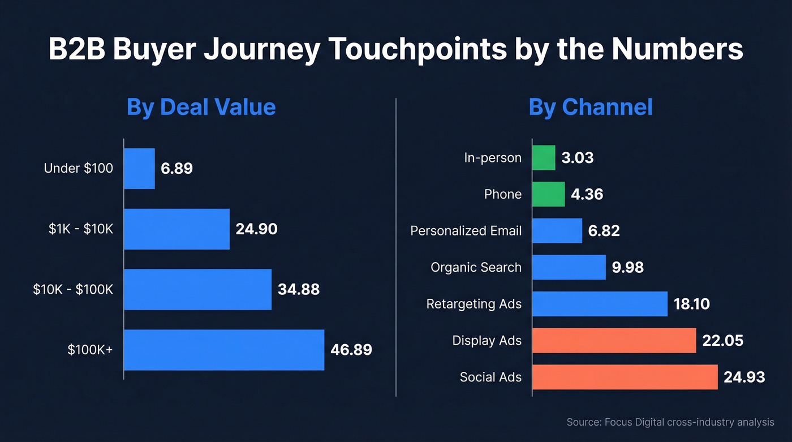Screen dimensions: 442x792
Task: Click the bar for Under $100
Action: tap(139, 169)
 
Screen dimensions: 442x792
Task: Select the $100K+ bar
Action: tap(224, 350)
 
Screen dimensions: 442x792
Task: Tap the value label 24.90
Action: tap(256, 229)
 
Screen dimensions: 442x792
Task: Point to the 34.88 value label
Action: tap(299, 290)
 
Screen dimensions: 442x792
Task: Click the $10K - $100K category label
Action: tap(74, 290)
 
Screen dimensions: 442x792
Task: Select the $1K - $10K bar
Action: tap(177, 229)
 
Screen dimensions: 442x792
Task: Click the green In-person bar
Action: tap(544, 157)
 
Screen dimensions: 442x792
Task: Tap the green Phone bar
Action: tap(548, 194)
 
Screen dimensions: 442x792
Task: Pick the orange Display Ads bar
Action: tap(614, 341)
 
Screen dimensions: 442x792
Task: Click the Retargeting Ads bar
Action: tap(600, 304)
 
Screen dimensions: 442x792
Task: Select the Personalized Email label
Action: tap(466, 231)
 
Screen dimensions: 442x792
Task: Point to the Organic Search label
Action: tap(476, 267)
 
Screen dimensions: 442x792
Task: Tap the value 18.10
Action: tap(691, 304)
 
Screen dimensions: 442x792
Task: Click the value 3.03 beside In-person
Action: tap(577, 157)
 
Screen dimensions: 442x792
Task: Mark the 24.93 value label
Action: tap(744, 377)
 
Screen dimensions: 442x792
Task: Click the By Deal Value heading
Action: tap(201, 107)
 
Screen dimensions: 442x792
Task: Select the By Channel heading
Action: tap(591, 107)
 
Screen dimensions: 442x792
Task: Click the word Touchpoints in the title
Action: tap(417, 49)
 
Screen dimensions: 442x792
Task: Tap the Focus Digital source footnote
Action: tap(670, 422)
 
